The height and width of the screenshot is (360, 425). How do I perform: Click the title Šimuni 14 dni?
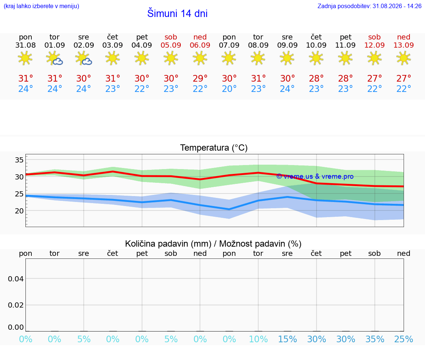coord(177,13)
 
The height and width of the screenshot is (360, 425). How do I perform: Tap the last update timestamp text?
coord(369,6)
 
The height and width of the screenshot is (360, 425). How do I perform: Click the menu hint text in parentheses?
coord(41,6)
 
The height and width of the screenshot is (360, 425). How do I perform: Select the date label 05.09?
coord(171,45)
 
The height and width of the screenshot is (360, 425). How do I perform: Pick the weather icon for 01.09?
coord(55,58)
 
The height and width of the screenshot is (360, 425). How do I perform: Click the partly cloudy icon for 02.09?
coord(83,58)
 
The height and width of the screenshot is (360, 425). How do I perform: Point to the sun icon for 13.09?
coord(404,58)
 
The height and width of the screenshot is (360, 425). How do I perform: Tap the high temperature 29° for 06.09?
coord(200,78)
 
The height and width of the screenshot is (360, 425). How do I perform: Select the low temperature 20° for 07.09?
coord(229,89)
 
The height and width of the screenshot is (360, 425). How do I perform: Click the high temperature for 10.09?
coord(316,78)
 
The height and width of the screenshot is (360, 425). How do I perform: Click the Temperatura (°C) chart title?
coord(214,148)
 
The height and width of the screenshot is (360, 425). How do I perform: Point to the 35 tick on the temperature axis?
coord(19,160)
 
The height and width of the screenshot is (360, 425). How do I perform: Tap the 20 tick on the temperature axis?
coord(19,211)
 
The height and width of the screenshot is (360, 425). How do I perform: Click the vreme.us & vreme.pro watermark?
coord(315,176)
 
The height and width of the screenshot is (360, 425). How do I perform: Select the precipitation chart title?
coord(213,244)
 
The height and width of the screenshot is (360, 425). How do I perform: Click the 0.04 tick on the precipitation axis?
coord(16,279)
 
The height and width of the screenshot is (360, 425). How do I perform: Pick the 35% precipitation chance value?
coord(375,339)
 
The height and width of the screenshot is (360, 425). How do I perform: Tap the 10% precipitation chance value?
coord(258,339)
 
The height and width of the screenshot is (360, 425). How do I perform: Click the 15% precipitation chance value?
coord(288,339)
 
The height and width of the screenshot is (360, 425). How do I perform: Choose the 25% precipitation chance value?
coord(404,339)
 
